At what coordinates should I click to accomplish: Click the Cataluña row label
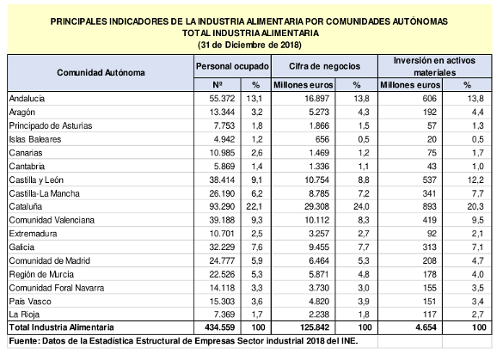[x=25, y=206]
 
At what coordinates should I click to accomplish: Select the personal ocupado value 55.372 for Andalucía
[x=222, y=99]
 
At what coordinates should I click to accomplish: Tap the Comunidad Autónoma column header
[x=101, y=73]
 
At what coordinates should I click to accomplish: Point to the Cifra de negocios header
[x=324, y=66]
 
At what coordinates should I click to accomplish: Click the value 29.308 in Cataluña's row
[x=316, y=206]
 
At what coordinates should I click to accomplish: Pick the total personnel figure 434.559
[x=220, y=327]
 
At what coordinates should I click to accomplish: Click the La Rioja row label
[x=24, y=314]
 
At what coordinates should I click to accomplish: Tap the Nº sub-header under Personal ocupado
[x=218, y=85]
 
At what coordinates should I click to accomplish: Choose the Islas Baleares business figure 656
[x=322, y=139]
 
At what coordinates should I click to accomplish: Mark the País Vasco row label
[x=30, y=302]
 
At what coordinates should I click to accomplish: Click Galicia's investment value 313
[x=430, y=247]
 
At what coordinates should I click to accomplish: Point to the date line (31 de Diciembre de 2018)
[x=249, y=45]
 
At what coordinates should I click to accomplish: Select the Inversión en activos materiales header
[x=434, y=66]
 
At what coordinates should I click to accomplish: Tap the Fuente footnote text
[x=183, y=341]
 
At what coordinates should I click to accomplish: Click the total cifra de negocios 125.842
[x=315, y=327]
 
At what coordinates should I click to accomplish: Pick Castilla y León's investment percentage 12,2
[x=475, y=180]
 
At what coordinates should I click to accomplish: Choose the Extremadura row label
[x=33, y=234]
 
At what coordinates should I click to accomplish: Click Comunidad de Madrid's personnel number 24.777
[x=222, y=260]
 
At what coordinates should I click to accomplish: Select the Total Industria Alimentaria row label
[x=61, y=327]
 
